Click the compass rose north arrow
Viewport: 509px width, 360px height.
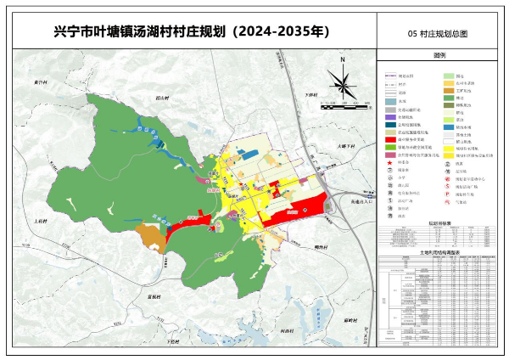[342, 82]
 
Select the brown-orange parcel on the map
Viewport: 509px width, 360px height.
[150, 236]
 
